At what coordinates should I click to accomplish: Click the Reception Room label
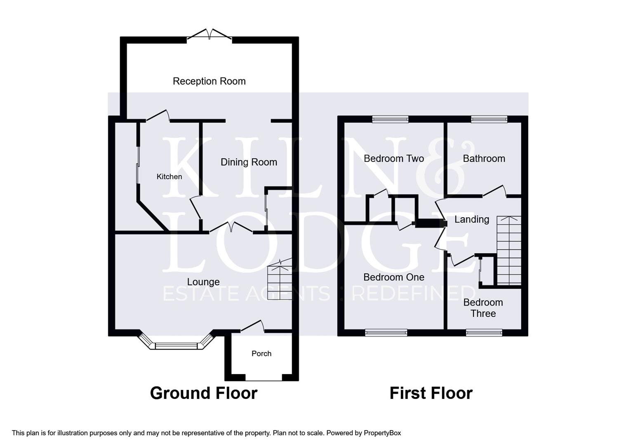point(209,81)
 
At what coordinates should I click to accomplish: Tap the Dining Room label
point(249,162)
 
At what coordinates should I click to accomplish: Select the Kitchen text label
point(169,177)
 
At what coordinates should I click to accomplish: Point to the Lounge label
point(203,282)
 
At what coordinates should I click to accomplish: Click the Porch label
point(261,353)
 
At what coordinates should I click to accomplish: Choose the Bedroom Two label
point(393,159)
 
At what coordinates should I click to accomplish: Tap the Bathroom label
point(484,159)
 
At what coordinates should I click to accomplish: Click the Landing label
point(471,219)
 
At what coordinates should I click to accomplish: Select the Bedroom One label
point(393,277)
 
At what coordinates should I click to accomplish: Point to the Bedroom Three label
point(483,308)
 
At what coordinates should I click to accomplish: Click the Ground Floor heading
point(203,393)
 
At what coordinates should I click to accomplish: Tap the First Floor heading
point(431,393)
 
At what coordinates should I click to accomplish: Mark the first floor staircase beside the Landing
point(509,251)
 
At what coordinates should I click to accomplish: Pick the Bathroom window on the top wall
point(489,119)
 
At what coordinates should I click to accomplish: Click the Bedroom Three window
point(484,332)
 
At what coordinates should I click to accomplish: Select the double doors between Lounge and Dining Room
point(231,228)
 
